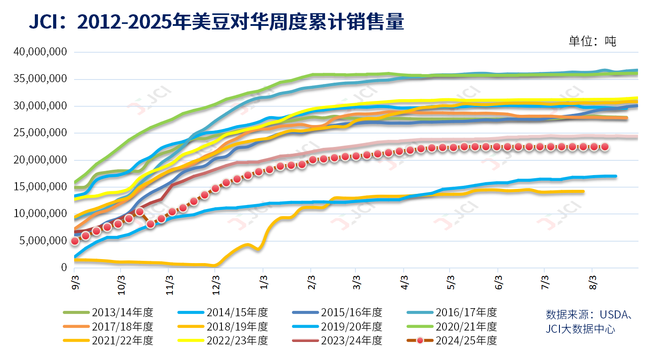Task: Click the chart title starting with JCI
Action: tap(216, 21)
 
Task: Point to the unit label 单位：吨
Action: tap(592, 42)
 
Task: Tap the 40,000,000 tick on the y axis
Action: tap(40, 52)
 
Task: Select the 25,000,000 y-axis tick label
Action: tap(40, 133)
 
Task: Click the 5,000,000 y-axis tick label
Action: tap(43, 241)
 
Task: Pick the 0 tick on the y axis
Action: tap(64, 268)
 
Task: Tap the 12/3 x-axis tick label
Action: tap(216, 283)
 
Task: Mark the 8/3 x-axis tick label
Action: tap(592, 283)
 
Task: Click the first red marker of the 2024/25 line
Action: tap(75, 241)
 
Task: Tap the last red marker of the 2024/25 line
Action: tap(605, 147)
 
